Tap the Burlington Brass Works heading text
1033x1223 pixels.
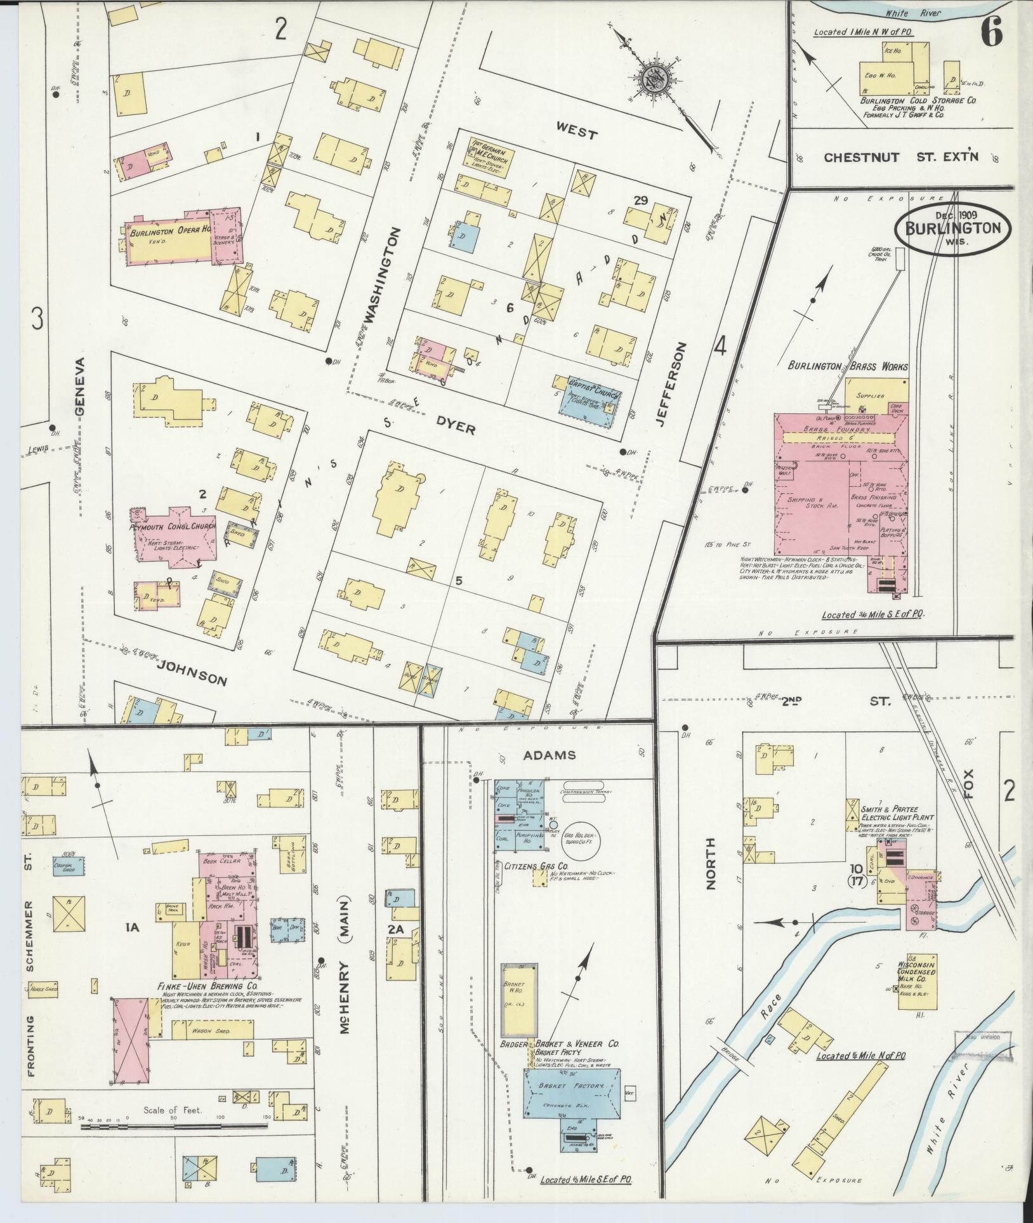[848, 366]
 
